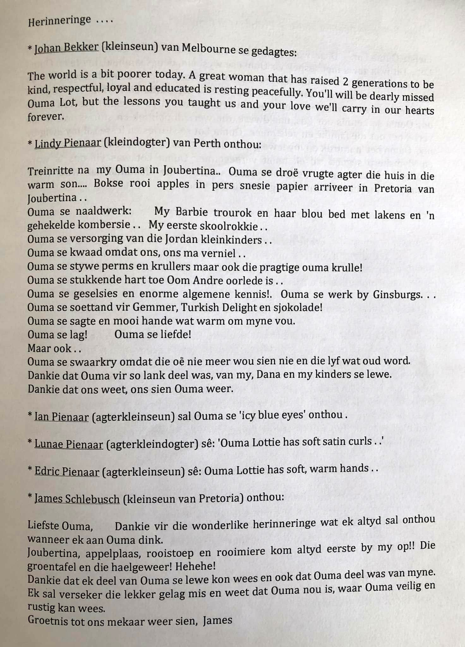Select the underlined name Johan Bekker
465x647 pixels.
point(66,48)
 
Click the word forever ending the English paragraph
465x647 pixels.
point(45,117)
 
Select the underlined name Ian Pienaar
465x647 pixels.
point(62,417)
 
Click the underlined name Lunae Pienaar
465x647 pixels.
point(69,444)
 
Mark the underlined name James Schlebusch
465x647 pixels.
point(77,499)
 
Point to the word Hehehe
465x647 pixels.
point(196,566)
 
